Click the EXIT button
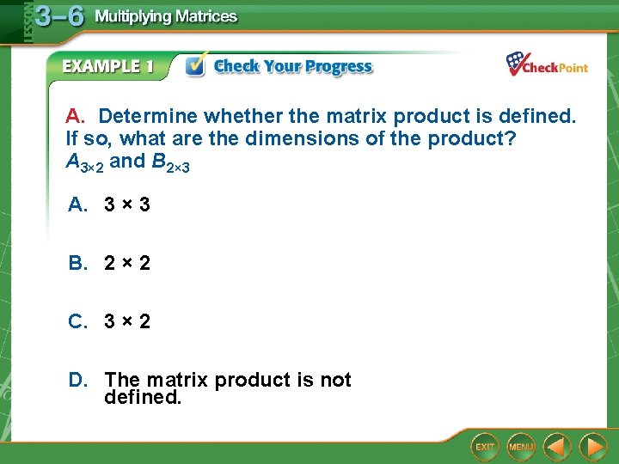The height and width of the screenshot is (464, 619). point(486,447)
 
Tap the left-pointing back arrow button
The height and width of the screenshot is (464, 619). point(558,447)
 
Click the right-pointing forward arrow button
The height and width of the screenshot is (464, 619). point(592,447)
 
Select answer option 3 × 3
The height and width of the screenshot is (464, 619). point(126,205)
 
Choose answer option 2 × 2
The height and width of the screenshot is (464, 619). point(126,263)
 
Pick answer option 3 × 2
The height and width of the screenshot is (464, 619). point(126,321)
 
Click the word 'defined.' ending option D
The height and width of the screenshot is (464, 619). point(142,397)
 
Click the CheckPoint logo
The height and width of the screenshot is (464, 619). point(547,65)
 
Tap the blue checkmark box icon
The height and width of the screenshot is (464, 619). point(196,65)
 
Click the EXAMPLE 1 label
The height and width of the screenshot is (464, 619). point(107,67)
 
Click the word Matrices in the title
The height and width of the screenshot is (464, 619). point(202,17)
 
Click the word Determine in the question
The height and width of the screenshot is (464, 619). point(144,116)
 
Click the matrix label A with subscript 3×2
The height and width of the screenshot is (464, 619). point(84,162)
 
